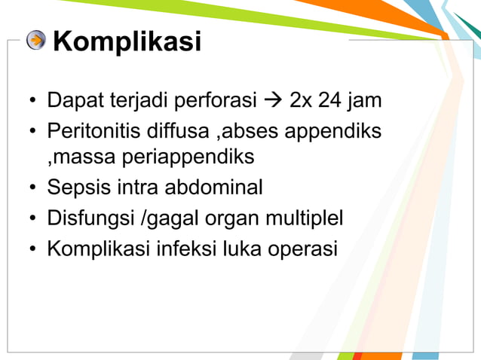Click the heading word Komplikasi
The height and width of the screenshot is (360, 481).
(127, 41)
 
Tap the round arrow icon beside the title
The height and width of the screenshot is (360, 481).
(35, 41)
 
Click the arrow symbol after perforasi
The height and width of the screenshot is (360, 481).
(271, 100)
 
